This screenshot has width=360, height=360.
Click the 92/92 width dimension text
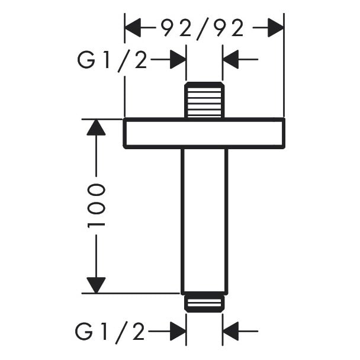tap(203, 28)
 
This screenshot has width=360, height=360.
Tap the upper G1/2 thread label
tap(112, 60)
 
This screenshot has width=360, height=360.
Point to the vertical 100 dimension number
tap(97, 206)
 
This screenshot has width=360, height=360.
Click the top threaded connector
tap(204, 99)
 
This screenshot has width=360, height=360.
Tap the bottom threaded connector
tap(204, 303)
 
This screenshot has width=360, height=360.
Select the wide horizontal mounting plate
tap(204, 133)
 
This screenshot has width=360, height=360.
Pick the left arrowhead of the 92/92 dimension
tap(133, 28)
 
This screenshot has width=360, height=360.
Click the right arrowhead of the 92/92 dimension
tap(275, 28)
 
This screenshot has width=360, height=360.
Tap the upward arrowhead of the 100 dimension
tap(96, 127)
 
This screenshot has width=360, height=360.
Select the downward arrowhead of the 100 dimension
tap(96, 285)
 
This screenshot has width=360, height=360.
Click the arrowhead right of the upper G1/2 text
tap(178, 60)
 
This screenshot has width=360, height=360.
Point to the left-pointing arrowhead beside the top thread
tap(231, 60)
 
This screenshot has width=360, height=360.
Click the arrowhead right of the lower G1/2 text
tap(178, 332)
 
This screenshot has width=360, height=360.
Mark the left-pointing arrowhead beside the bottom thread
tap(231, 332)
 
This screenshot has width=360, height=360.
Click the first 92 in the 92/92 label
tap(172, 28)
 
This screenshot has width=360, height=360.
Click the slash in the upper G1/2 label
tap(124, 60)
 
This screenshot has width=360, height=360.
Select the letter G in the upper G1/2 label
tap(86, 60)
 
